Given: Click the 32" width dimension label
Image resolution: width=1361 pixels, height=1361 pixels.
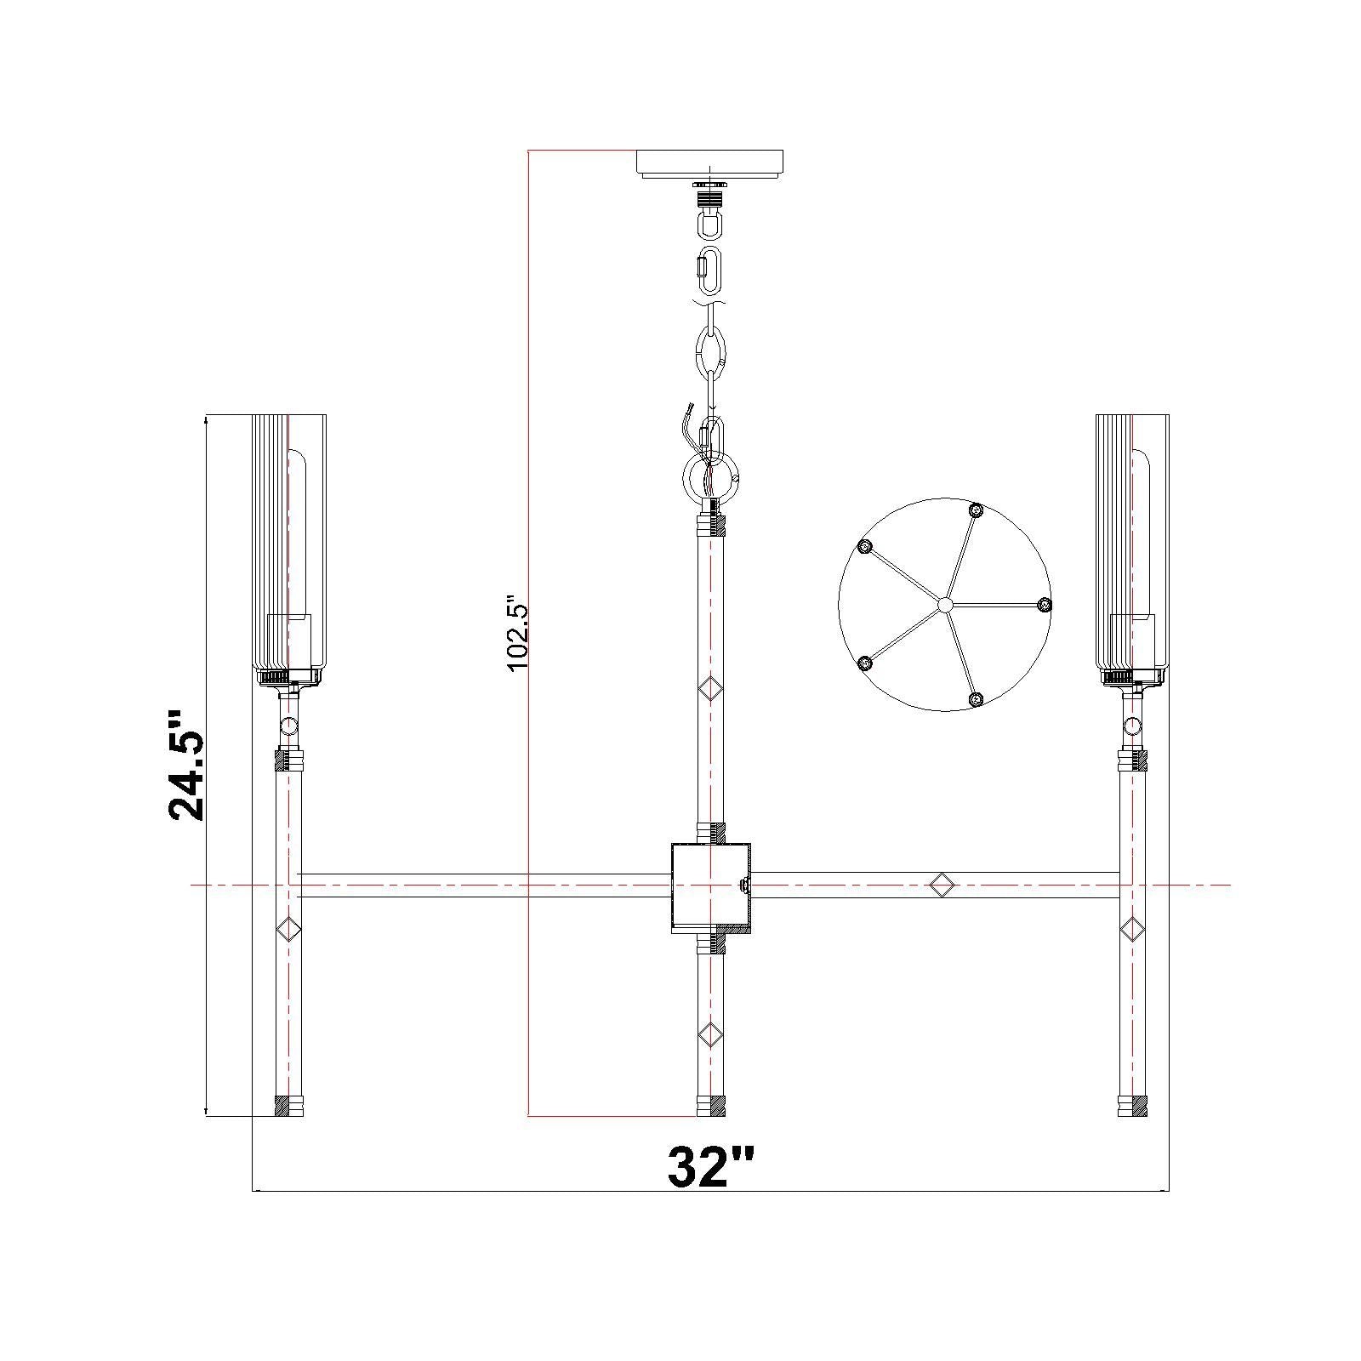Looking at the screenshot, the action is [710, 1166].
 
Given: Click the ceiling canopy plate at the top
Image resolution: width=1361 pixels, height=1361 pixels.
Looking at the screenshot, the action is [710, 164].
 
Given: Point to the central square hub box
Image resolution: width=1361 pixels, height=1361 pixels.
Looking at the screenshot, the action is [710, 888].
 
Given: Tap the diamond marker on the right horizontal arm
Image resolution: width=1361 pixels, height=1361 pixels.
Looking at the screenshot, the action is [941, 885].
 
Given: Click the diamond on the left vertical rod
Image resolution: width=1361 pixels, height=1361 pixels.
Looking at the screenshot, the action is [290, 928].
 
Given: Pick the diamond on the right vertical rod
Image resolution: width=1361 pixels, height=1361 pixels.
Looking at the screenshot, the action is [1132, 928].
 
